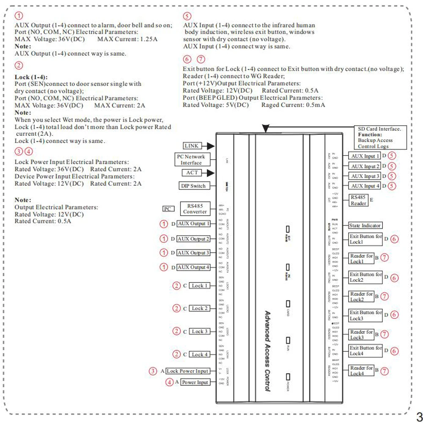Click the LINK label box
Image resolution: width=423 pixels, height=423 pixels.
pyautogui.click(x=191, y=146)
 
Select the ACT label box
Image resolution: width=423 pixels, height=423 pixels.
pyautogui.click(x=191, y=173)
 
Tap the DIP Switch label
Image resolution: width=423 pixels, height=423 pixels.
pyautogui.click(x=192, y=186)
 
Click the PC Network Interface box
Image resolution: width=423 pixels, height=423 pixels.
pyautogui.click(x=191, y=159)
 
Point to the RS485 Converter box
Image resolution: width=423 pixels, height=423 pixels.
pyautogui.click(x=195, y=209)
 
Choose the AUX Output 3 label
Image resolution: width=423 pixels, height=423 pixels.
pyautogui.click(x=193, y=253)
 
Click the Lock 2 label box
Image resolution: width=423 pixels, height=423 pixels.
pyautogui.click(x=200, y=308)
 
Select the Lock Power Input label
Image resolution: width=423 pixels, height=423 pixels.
pyautogui.click(x=187, y=371)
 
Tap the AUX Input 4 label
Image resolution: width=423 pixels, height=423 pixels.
pyautogui.click(x=365, y=186)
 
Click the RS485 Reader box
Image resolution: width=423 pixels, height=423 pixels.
pyautogui.click(x=358, y=200)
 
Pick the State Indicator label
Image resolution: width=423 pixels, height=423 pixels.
pyautogui.click(x=365, y=225)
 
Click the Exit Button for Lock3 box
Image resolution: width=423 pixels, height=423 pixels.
pyautogui.click(x=366, y=315)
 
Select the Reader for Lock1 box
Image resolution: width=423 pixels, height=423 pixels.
pyautogui.click(x=361, y=258)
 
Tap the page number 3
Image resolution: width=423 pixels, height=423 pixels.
pyautogui.click(x=419, y=415)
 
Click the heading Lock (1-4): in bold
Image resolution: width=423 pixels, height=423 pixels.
pyautogui.click(x=31, y=77)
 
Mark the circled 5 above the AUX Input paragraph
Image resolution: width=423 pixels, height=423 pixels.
pyautogui.click(x=187, y=16)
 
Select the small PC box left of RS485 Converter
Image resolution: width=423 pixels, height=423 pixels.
pyautogui.click(x=168, y=209)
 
